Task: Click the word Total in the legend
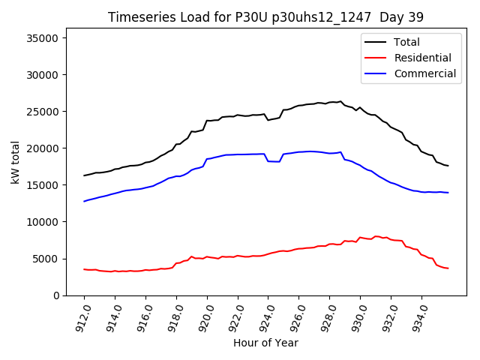pos(407,43)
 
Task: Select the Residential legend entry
pos(423,58)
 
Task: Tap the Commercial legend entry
pos(425,73)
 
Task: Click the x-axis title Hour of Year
pos(265,343)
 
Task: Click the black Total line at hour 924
pos(268,119)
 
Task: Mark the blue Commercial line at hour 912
pos(85,201)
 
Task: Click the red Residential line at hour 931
pos(376,236)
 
